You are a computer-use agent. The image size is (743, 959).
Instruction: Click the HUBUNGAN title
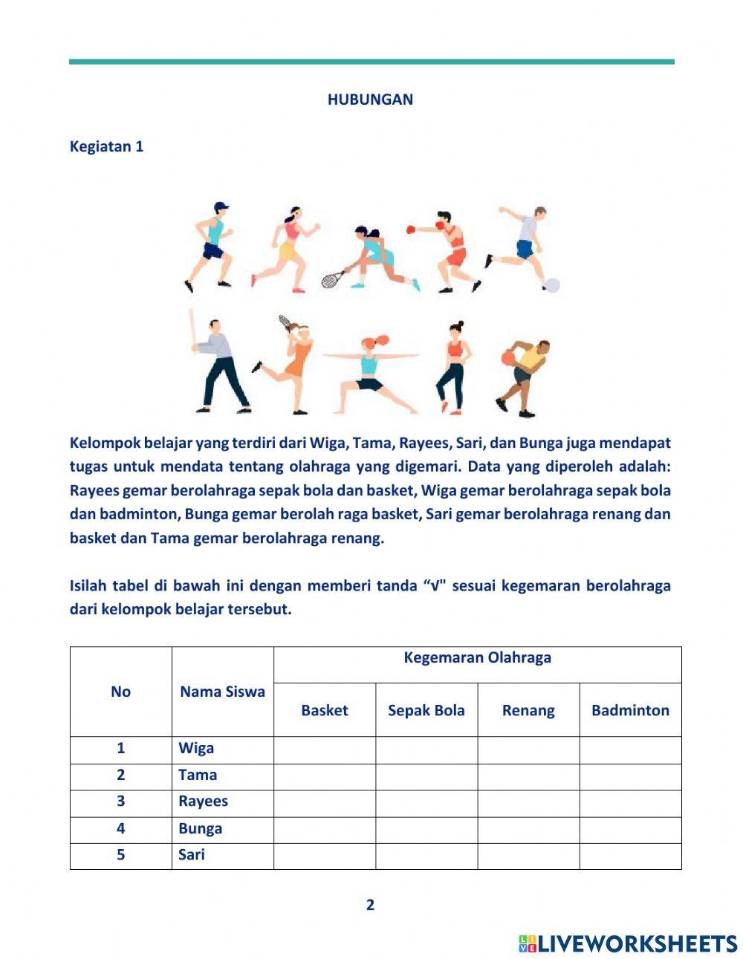tap(370, 100)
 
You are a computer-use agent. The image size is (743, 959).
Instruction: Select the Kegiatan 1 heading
tap(106, 146)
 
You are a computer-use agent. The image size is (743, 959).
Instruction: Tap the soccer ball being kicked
tap(551, 285)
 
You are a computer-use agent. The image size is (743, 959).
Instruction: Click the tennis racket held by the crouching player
tap(332, 279)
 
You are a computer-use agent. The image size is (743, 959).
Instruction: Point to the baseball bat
tap(192, 327)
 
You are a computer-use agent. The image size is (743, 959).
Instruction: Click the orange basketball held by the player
tap(508, 357)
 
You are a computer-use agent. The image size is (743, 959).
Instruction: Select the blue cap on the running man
tap(221, 207)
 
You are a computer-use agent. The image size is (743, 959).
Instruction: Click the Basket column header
tap(324, 710)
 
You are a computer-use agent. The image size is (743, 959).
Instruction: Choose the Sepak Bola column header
tap(426, 710)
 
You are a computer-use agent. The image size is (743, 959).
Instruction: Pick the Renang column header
tap(528, 710)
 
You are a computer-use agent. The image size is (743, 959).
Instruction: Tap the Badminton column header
tap(630, 710)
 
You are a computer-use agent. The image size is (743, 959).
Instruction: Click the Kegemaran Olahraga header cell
tap(477, 658)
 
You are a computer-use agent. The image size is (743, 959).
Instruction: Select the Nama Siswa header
tap(222, 692)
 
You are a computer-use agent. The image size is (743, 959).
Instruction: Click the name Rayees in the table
tap(203, 802)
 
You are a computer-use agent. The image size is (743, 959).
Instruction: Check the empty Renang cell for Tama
tap(528, 776)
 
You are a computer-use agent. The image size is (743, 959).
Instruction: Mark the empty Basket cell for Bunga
tap(324, 829)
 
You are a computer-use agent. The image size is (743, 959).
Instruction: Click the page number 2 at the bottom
tap(370, 905)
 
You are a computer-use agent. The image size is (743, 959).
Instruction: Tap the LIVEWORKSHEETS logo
tap(628, 943)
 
